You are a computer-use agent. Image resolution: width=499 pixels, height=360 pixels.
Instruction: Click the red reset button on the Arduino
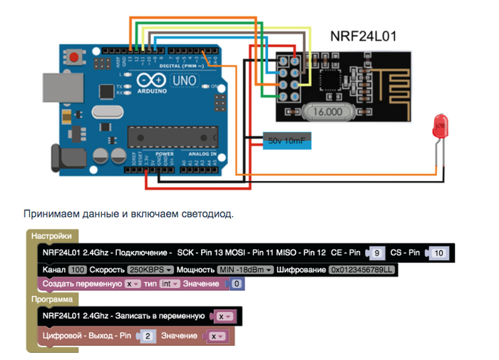pyautogui.click(x=74, y=56)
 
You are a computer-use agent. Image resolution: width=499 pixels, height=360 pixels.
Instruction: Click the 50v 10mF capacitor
pyautogui.click(x=287, y=141)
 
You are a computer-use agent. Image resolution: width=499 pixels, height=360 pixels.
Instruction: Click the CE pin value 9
pyautogui.click(x=378, y=253)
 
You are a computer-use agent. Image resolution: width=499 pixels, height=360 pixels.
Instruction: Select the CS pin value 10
pyautogui.click(x=440, y=253)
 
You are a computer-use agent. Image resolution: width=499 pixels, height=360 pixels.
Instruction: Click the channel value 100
pyautogui.click(x=78, y=270)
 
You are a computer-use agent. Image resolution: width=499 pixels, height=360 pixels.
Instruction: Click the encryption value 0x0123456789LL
pyautogui.click(x=361, y=270)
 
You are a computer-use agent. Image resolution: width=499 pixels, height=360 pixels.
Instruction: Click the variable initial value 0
pyautogui.click(x=237, y=284)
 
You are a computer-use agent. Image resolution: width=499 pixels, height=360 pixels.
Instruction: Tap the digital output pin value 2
pyautogui.click(x=148, y=335)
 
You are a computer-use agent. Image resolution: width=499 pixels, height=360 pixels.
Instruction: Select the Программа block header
pyautogui.click(x=55, y=300)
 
